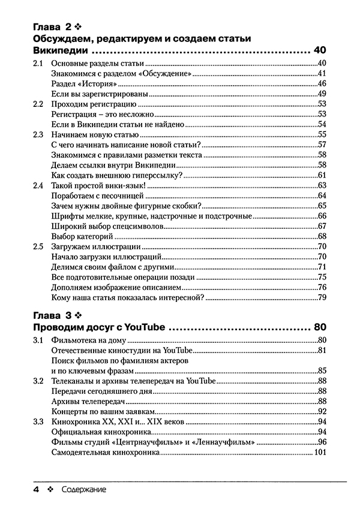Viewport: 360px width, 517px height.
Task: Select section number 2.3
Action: coord(38,134)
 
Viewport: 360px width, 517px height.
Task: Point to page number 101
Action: coord(319,452)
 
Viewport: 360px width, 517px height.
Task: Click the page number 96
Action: coord(321,441)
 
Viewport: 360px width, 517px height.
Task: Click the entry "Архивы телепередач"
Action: coord(88,401)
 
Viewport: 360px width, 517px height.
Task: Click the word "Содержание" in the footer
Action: coord(84,490)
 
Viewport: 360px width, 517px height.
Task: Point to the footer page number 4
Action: coord(37,490)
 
